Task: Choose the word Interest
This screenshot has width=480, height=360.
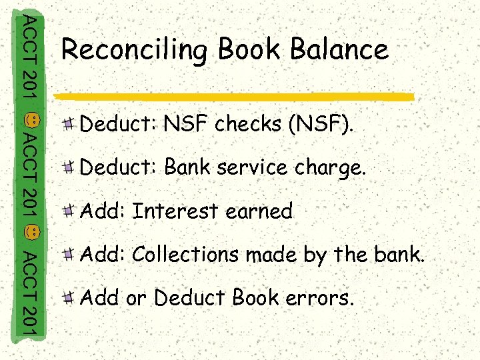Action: tap(175, 211)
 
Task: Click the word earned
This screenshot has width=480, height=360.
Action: tap(259, 211)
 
